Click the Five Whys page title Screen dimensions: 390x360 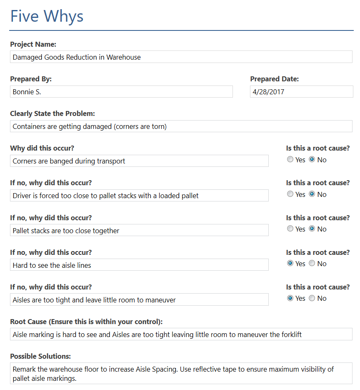[x=47, y=16]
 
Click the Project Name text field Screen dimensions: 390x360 [x=181, y=57]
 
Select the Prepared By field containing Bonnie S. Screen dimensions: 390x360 [x=121, y=92]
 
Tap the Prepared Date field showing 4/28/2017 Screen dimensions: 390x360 [x=301, y=92]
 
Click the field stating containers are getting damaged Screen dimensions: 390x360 [x=181, y=126]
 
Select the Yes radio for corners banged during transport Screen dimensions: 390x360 [x=290, y=159]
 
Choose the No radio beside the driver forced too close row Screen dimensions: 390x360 [x=312, y=194]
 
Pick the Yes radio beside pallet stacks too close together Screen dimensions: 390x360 [x=290, y=229]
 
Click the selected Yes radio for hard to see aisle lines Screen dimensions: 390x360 [x=290, y=263]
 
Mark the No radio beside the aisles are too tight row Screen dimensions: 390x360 [x=312, y=298]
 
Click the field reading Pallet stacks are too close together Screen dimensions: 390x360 [x=139, y=230]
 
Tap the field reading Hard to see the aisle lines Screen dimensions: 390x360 [x=139, y=265]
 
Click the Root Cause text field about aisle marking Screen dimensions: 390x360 [x=181, y=334]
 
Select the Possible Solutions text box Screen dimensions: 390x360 [x=181, y=373]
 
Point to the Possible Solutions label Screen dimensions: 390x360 [x=40, y=356]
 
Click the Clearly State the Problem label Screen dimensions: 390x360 [x=52, y=113]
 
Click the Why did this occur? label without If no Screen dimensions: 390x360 [x=42, y=148]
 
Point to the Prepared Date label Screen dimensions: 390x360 [x=274, y=79]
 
